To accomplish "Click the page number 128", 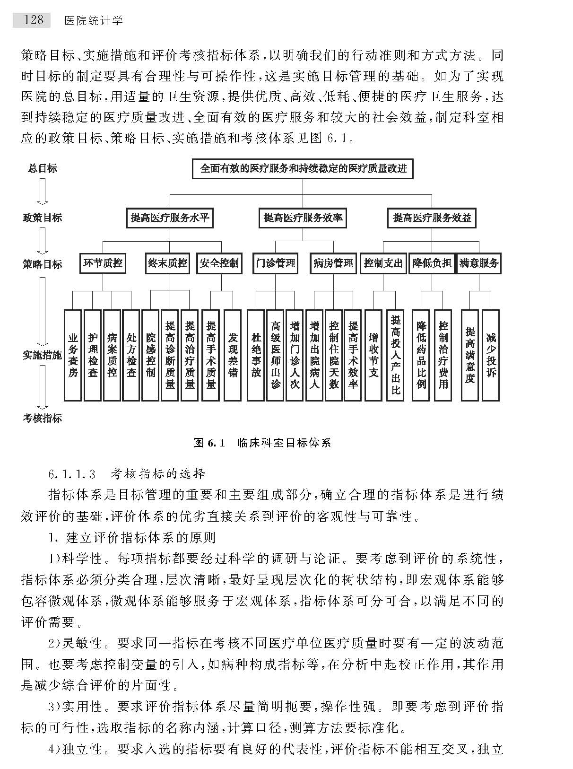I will tap(32, 20).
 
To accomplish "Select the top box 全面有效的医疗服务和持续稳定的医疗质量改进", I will tap(303, 169).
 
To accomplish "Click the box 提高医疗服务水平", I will tap(170, 218).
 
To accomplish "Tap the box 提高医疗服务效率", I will tap(303, 218).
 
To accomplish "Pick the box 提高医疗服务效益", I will tap(432, 218).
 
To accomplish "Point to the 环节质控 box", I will tap(103, 263).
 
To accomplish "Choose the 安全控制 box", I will tap(219, 263).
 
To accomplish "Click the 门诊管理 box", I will tap(275, 263).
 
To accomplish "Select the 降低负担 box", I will tap(432, 263).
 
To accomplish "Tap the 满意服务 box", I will tap(479, 263).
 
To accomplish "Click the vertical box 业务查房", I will tap(73, 355).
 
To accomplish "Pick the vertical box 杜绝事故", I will tap(256, 355).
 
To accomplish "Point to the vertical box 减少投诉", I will tap(491, 355).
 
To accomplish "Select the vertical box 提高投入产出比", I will tap(395, 355).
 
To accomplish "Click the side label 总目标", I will tap(43, 168).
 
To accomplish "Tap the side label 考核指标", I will tap(43, 418).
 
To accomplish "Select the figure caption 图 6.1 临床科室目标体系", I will tap(262, 443).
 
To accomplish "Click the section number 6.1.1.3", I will tap(72, 473).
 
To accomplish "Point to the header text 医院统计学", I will tap(93, 20).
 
